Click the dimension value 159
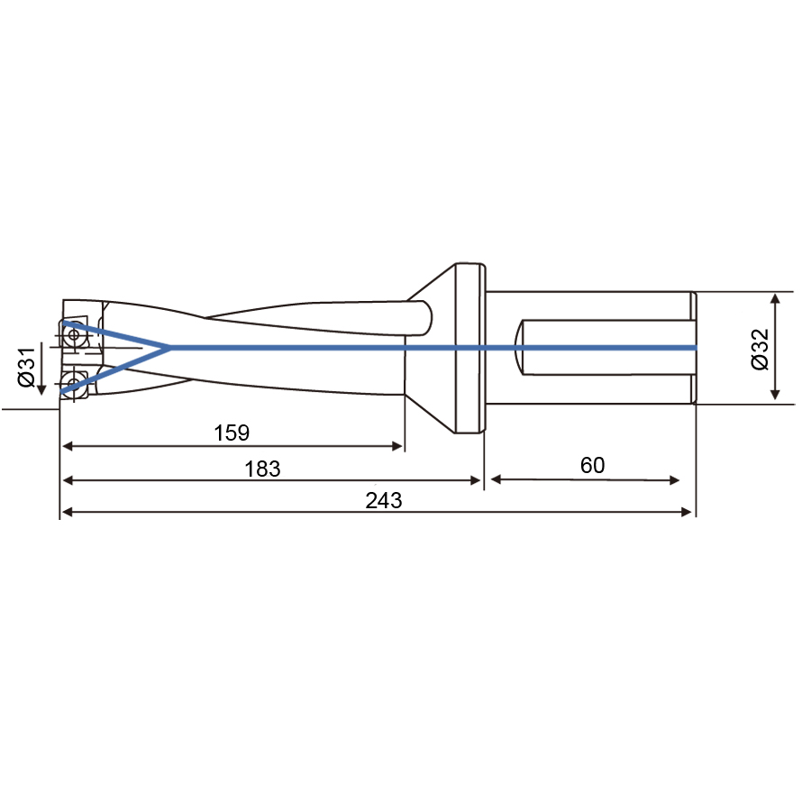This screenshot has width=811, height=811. point(232,433)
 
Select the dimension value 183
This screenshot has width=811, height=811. point(262,469)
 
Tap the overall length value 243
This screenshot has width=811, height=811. point(383,500)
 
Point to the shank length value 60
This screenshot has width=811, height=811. point(592,465)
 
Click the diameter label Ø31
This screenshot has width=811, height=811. point(27,367)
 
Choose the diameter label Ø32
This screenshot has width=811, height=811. point(760,349)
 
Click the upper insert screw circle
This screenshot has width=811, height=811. point(74,334)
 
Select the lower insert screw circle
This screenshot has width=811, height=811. point(72,383)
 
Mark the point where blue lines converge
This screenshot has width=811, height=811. point(169,348)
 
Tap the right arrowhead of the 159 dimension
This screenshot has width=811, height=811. point(397,446)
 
